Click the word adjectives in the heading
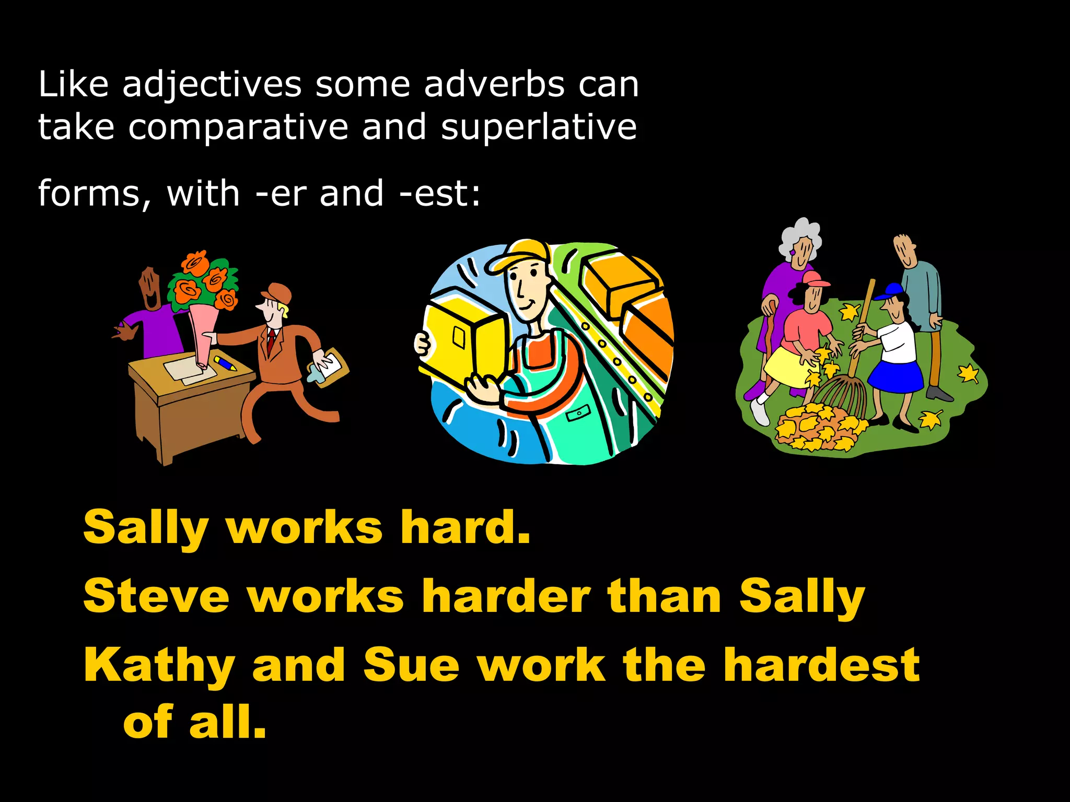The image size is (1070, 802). (x=212, y=85)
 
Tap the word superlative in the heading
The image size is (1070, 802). (x=539, y=127)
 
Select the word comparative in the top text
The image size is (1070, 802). (x=238, y=128)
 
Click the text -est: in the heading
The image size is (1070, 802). (x=439, y=193)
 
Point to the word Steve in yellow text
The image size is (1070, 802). (x=156, y=596)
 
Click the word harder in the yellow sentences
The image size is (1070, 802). (x=506, y=596)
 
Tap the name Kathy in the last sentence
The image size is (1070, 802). (x=159, y=666)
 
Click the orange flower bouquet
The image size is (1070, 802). (x=203, y=282)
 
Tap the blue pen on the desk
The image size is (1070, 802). (x=225, y=362)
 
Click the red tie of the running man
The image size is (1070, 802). (x=271, y=339)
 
